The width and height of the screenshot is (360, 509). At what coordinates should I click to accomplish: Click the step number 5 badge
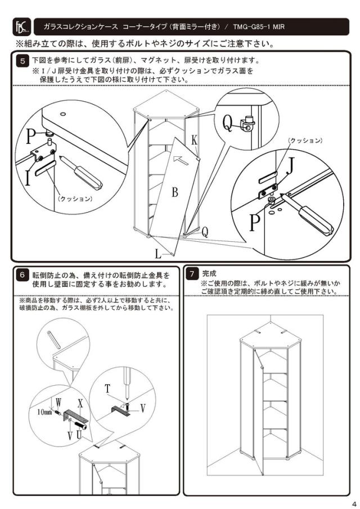coord(22,61)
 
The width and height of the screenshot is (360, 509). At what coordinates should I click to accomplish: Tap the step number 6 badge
coord(22,274)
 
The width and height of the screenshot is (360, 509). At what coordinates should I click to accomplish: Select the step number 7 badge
coord(192,274)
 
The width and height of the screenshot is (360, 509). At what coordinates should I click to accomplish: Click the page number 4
coord(354,504)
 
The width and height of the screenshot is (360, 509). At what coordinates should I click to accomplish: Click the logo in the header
coord(22,26)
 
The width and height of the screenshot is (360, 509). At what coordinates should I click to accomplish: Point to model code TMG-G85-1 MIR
coord(259,27)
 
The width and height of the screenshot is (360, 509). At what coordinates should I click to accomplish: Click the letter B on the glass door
coord(175,192)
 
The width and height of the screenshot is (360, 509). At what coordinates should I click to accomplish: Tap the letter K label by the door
coord(194,140)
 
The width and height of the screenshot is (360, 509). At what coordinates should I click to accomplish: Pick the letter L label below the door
coord(158,254)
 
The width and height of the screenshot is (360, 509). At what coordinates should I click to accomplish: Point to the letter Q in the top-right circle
coord(228,124)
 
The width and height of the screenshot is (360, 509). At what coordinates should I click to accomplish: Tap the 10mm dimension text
coord(44,412)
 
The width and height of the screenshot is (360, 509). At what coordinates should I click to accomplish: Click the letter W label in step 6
coord(58,403)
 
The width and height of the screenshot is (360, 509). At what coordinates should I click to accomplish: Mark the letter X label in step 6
coord(80,403)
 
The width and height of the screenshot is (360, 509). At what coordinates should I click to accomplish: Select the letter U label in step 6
coord(79,435)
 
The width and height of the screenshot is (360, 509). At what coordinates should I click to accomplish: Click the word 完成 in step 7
coord(209,273)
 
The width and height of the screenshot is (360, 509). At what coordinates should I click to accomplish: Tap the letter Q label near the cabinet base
coord(205,232)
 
